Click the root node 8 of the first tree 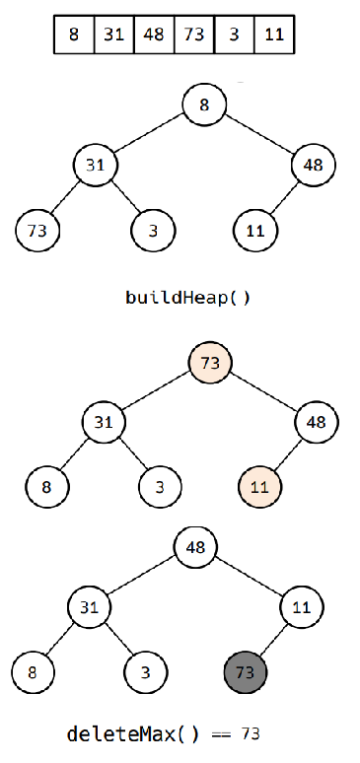coord(204,104)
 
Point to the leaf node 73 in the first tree coord(38,231)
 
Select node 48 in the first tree coord(313,165)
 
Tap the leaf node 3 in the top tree coord(153,231)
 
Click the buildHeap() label coord(187,297)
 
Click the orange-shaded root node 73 coord(210,363)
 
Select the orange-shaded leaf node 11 coord(260,487)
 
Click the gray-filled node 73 coord(247,672)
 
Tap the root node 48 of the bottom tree coord(195,547)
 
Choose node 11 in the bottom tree coord(302,607)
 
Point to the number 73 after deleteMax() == coord(251,734)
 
